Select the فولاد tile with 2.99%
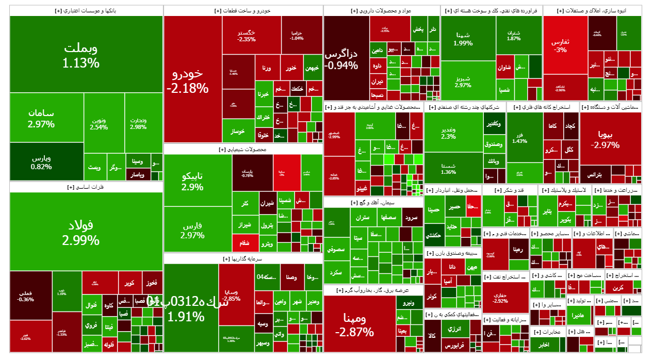click(x=82, y=232)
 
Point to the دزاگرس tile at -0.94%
click(x=346, y=58)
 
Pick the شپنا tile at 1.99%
click(x=463, y=38)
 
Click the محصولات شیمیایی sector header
click(x=242, y=150)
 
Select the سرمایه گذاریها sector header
click(x=242, y=258)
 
